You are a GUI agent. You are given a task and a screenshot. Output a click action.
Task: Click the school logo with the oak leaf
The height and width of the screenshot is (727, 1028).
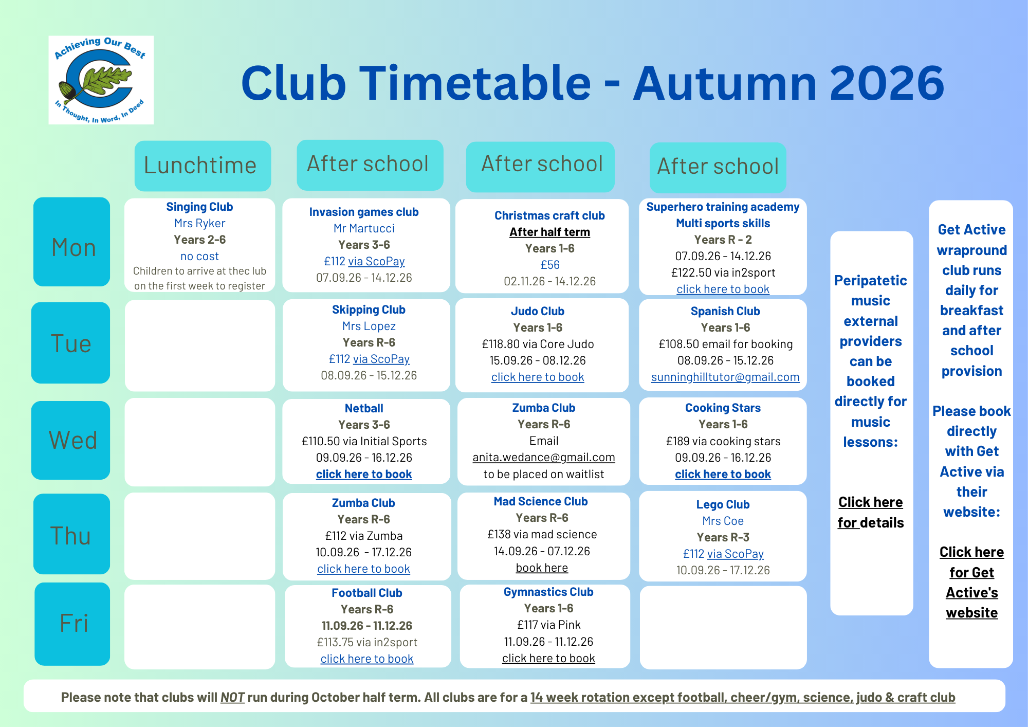coord(101,80)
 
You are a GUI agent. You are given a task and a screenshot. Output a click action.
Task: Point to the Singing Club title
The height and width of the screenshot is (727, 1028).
coord(199,207)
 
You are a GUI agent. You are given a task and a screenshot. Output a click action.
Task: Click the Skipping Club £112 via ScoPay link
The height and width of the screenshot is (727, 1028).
coord(369,359)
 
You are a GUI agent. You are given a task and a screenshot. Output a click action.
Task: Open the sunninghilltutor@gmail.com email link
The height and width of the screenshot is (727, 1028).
coord(725,377)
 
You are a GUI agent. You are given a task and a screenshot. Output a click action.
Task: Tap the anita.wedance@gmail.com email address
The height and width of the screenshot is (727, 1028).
coord(544,457)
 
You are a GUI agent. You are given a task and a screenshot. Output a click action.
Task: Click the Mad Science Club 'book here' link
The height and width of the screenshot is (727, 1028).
coord(542,568)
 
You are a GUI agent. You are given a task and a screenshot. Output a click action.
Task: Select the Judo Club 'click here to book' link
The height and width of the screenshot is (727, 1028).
coord(538,377)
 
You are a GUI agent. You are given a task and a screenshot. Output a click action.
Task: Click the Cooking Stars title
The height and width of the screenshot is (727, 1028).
coord(723,408)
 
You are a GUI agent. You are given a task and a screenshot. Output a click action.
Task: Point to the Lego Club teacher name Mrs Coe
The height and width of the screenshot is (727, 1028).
coord(723,521)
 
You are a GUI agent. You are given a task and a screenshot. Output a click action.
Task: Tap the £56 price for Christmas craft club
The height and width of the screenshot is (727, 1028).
coord(550,265)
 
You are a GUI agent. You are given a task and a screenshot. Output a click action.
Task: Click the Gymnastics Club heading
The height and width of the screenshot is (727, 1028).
coord(548,592)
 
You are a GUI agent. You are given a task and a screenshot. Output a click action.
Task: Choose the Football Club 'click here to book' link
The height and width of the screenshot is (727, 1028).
coord(367,659)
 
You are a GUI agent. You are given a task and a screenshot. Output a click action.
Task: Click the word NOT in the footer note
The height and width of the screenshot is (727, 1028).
coord(232,697)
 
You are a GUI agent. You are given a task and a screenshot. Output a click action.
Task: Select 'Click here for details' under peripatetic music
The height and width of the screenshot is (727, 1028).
coord(871,512)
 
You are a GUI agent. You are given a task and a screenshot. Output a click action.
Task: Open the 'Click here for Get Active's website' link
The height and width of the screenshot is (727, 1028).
coord(971,582)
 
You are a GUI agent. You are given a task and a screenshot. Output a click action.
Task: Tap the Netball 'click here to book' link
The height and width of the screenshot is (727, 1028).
coord(364,474)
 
